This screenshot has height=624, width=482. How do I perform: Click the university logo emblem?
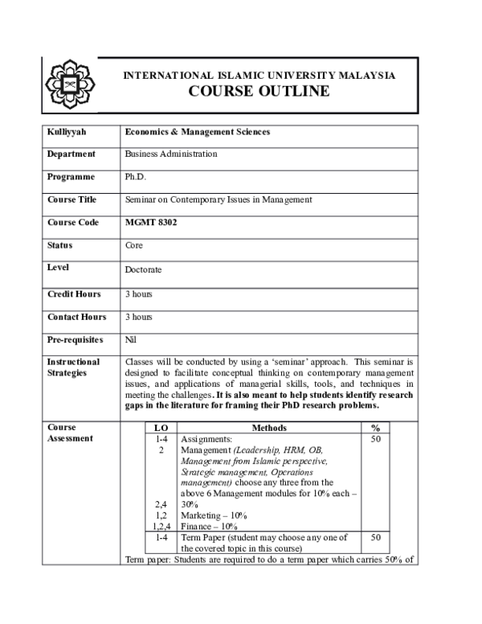coord(69,84)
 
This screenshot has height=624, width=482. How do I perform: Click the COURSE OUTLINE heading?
coord(258,91)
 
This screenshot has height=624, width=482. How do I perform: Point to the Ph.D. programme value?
coord(135,177)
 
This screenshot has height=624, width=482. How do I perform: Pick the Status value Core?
coord(134,245)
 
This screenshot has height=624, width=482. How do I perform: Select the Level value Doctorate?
coord(143,270)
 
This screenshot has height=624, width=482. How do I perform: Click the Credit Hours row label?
coord(74,294)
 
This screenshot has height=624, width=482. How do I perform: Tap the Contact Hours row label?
coord(76,317)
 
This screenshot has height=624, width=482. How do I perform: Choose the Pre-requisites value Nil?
coord(131,340)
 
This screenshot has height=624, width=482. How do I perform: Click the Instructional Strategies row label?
coord(73,367)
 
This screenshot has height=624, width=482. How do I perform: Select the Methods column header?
coord(269,429)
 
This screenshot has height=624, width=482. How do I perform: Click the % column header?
coord(375,429)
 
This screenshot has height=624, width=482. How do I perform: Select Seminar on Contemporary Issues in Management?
coord(219,199)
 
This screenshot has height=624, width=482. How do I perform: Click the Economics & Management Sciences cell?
coord(198,131)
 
